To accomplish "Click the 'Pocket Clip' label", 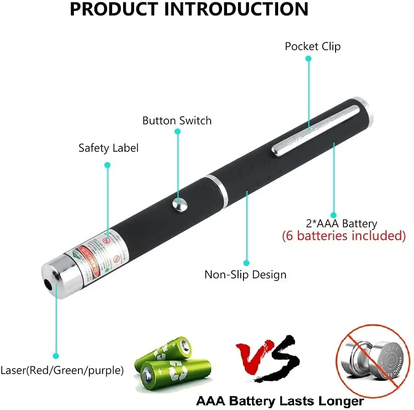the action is pyautogui.click(x=312, y=46).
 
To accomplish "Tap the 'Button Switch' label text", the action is pyautogui.click(x=177, y=121).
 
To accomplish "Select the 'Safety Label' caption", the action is pyautogui.click(x=108, y=148).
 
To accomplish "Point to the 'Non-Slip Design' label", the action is pyautogui.click(x=245, y=275).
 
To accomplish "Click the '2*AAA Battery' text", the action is pyautogui.click(x=342, y=224).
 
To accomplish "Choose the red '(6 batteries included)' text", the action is pyautogui.click(x=343, y=236).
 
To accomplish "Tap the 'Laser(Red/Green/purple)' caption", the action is pyautogui.click(x=62, y=371).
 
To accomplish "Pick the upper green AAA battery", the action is pyautogui.click(x=165, y=351).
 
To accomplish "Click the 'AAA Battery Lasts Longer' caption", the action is pyautogui.click(x=279, y=401).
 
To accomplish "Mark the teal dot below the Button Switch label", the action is pyautogui.click(x=178, y=132).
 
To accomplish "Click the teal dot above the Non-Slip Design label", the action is pyautogui.click(x=246, y=263).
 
